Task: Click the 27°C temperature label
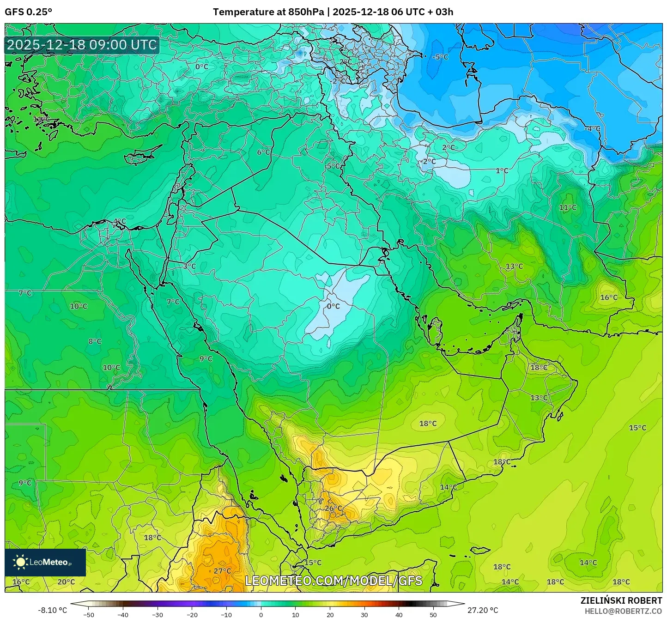[222, 571]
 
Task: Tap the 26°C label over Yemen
[333, 509]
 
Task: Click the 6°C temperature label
[263, 152]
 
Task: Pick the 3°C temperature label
[189, 266]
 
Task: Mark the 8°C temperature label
[95, 341]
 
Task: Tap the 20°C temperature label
[66, 582]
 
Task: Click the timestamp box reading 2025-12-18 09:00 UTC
[82, 45]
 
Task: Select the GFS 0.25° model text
[28, 12]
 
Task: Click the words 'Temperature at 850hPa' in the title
[268, 12]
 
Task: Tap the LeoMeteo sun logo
[20, 562]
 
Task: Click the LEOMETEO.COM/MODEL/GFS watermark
[333, 581]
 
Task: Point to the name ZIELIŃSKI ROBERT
[621, 600]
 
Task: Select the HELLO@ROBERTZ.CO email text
[623, 611]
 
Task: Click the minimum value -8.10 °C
[52, 610]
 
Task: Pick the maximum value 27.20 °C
[483, 610]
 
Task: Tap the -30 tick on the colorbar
[158, 615]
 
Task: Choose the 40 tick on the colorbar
[399, 615]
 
